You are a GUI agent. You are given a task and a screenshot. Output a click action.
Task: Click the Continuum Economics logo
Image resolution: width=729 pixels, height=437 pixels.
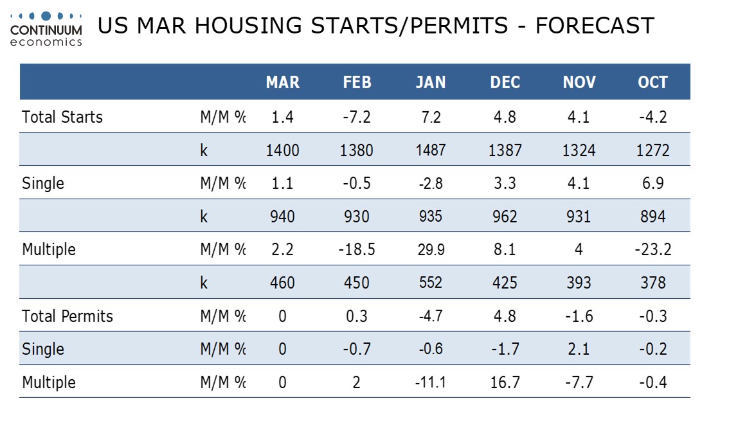tap(46, 30)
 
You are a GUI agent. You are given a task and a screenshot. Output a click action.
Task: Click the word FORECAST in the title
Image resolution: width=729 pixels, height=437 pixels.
tap(595, 26)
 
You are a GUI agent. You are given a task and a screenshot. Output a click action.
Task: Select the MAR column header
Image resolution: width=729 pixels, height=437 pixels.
tap(283, 82)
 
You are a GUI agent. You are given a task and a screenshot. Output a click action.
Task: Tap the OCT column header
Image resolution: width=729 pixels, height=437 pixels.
tap(652, 82)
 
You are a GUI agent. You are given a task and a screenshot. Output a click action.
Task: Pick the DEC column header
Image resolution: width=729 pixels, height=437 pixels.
tap(505, 82)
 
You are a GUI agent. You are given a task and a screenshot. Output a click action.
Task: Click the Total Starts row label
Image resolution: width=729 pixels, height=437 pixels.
tap(62, 117)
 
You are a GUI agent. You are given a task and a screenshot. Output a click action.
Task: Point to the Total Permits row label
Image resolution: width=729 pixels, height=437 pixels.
tap(67, 316)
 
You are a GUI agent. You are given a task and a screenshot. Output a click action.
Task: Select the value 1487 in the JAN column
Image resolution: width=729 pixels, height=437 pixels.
tap(431, 150)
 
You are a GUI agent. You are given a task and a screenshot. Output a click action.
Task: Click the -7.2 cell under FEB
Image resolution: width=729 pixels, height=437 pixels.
tap(357, 117)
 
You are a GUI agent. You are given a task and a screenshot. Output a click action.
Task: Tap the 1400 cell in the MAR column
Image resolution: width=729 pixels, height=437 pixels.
tap(283, 150)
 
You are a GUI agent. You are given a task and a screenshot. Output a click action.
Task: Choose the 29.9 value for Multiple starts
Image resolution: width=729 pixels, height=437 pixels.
tap(431, 249)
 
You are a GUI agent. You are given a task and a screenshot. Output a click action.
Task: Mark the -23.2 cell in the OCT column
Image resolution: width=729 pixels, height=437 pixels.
tap(653, 249)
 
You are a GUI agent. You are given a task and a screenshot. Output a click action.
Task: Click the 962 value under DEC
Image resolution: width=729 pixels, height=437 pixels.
tap(505, 216)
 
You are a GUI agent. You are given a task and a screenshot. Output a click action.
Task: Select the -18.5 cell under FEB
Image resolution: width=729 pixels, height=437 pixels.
tap(357, 249)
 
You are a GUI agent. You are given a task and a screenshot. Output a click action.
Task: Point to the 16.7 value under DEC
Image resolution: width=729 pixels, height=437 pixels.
tap(505, 382)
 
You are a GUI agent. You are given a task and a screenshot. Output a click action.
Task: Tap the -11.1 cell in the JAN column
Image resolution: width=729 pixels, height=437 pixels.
tap(431, 382)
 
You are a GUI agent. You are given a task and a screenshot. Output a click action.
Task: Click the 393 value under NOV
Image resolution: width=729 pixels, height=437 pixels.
tap(579, 283)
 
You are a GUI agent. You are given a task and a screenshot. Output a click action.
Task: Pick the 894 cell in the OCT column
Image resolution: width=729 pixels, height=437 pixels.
tap(653, 216)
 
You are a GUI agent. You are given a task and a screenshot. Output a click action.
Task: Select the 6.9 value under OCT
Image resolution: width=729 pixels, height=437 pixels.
tap(653, 183)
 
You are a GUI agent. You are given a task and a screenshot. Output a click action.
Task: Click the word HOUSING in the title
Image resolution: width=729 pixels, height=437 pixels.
tap(249, 26)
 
